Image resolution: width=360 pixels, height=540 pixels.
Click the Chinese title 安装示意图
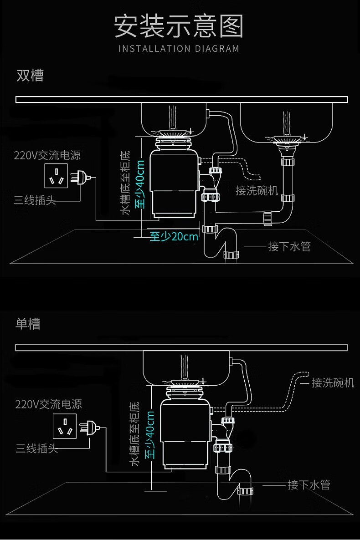tap(179, 26)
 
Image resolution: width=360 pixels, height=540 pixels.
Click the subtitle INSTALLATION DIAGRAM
tap(179, 49)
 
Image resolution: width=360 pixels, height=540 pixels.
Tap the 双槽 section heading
tap(30, 75)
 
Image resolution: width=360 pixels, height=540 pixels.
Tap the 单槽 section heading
tap(28, 323)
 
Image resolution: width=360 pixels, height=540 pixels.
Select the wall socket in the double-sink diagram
tap(56, 177)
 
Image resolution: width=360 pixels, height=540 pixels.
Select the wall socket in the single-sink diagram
tap(65, 426)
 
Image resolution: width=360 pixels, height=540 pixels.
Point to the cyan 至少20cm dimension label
tap(174, 236)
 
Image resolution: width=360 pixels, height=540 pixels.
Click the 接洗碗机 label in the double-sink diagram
tap(257, 190)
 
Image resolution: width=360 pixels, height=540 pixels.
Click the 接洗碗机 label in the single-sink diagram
tap(333, 382)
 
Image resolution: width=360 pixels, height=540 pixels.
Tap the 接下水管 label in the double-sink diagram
tap(289, 247)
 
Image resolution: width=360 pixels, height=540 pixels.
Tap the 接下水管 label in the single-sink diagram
tap(309, 485)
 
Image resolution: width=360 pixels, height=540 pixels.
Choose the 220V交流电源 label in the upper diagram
tap(47, 155)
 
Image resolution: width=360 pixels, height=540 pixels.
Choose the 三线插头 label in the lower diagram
tap(36, 448)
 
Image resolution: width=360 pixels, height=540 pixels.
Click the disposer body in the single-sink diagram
tap(185, 434)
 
